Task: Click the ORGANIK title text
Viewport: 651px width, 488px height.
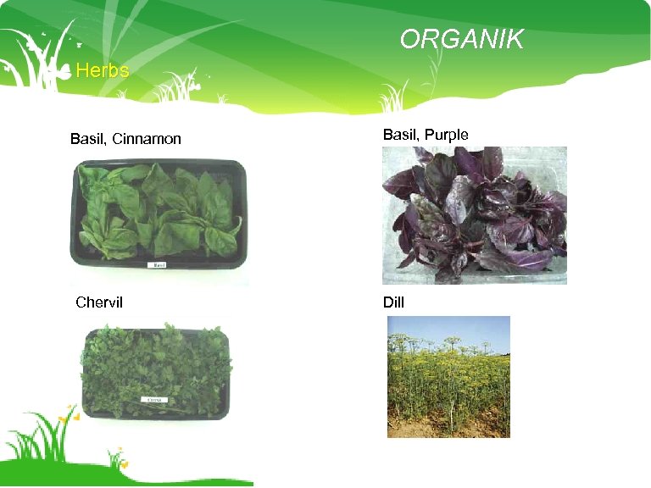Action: (x=462, y=39)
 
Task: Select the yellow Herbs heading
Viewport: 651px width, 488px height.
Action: (x=102, y=70)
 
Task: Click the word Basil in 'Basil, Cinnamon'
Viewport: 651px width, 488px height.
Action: (x=88, y=139)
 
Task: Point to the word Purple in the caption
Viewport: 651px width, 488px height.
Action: (x=446, y=135)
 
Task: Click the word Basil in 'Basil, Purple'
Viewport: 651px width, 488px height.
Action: (x=400, y=135)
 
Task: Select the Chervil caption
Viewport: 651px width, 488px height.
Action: (x=99, y=302)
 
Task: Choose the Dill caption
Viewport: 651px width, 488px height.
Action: (x=393, y=301)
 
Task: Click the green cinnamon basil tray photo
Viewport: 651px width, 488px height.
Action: (x=158, y=214)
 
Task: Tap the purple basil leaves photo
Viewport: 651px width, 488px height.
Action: (x=474, y=215)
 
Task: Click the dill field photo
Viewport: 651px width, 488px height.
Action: (x=448, y=377)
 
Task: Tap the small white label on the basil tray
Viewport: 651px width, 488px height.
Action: (x=158, y=264)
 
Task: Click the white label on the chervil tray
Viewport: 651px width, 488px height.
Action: (x=154, y=399)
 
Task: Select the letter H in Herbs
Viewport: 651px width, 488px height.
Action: (x=81, y=70)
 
